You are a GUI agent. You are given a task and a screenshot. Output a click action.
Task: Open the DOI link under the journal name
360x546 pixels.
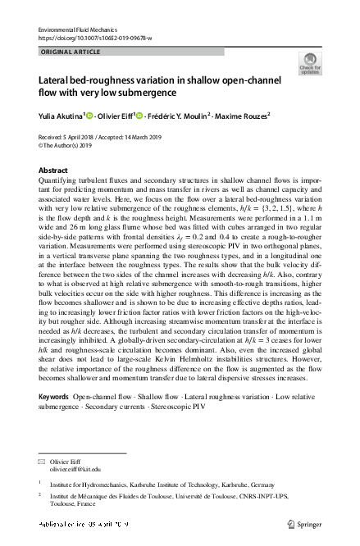[95, 38]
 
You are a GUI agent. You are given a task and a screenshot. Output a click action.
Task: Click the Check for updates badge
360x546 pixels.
[310, 63]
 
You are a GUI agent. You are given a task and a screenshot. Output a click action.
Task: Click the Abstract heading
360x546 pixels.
[54, 171]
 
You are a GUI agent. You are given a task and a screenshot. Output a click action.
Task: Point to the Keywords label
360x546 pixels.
[54, 396]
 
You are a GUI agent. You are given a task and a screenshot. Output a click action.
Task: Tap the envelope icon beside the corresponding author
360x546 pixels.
[42, 462]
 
